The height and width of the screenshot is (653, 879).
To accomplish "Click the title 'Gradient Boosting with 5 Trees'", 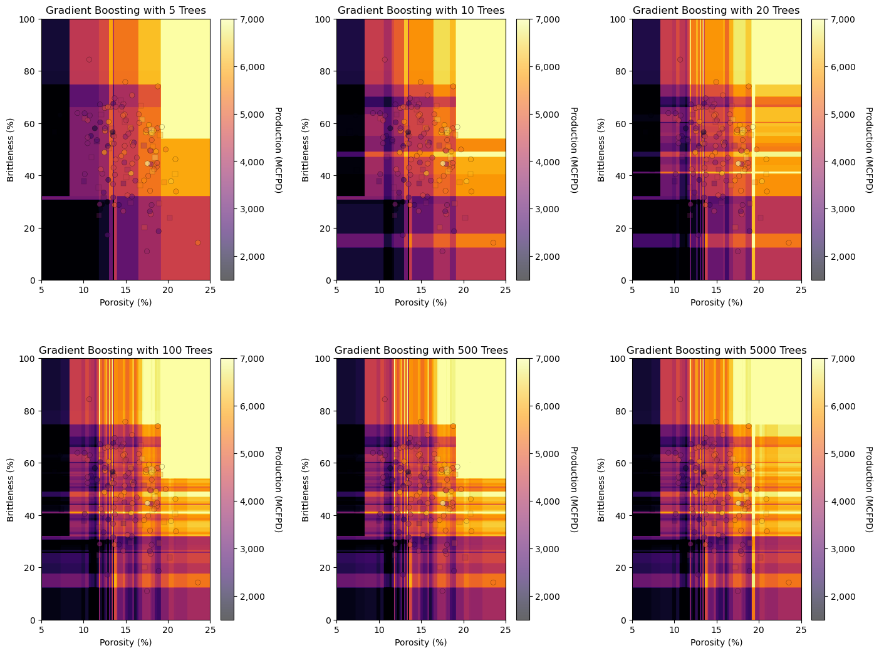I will [125, 11].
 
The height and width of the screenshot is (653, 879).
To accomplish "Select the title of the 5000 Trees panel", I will [716, 351].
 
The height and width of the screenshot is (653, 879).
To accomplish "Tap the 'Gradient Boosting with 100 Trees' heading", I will [125, 351].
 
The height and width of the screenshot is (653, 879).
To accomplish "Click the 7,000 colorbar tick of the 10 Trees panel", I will [546, 19].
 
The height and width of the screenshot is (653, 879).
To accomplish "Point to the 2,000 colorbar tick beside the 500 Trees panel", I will [546, 596].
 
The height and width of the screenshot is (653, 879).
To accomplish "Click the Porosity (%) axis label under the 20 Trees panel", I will [716, 303].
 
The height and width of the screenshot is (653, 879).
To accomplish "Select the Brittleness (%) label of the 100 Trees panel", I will [11, 489].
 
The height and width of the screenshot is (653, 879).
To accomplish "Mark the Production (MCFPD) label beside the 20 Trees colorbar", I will [868, 150].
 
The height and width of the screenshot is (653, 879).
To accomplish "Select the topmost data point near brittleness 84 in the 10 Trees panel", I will [385, 59].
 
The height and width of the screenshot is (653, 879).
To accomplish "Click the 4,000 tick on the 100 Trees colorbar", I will [251, 501].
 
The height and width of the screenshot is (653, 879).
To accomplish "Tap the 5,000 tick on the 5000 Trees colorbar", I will [841, 453].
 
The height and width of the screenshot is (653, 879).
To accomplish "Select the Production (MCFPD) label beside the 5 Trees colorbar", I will [278, 150].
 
